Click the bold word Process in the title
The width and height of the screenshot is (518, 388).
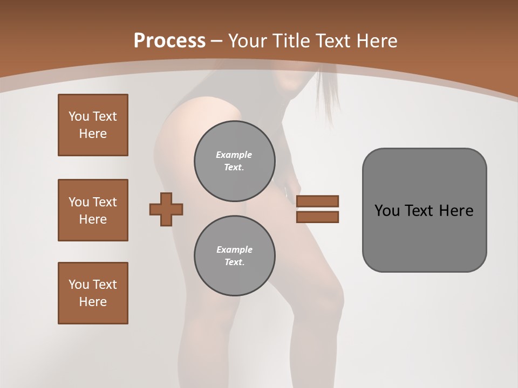coord(169,41)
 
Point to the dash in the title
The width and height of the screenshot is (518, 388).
coord(217,41)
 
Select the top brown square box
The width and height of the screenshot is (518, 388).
coord(93,125)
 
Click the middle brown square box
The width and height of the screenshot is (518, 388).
coord(93,210)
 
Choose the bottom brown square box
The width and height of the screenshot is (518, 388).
coord(93,293)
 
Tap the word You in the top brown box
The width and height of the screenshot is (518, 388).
coord(78,116)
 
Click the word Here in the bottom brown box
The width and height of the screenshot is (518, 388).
coord(93,302)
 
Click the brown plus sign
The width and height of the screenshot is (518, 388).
coord(166,209)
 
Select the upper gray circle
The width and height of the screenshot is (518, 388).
coord(235,161)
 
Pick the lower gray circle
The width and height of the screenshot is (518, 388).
coord(235,256)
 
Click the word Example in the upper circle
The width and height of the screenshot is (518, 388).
coord(234,155)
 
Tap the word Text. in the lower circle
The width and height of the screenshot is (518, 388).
coord(234,262)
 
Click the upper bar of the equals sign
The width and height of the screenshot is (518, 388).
coord(317,201)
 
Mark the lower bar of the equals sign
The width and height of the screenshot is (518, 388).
coord(317,217)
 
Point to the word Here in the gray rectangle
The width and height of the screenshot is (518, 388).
coord(456,211)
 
